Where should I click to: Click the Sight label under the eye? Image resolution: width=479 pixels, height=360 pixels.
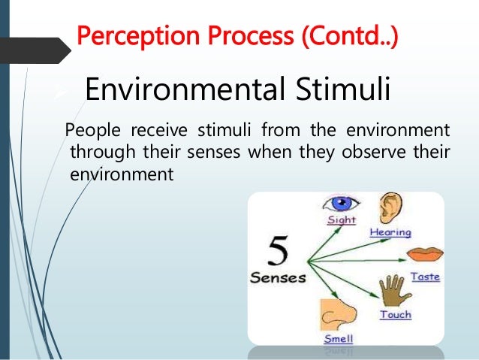coord(342,220)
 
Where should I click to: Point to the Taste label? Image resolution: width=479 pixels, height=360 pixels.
coord(424,277)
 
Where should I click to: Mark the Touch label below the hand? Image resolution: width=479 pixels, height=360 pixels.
coord(395,314)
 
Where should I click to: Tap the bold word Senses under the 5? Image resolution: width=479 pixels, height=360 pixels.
coord(278,277)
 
